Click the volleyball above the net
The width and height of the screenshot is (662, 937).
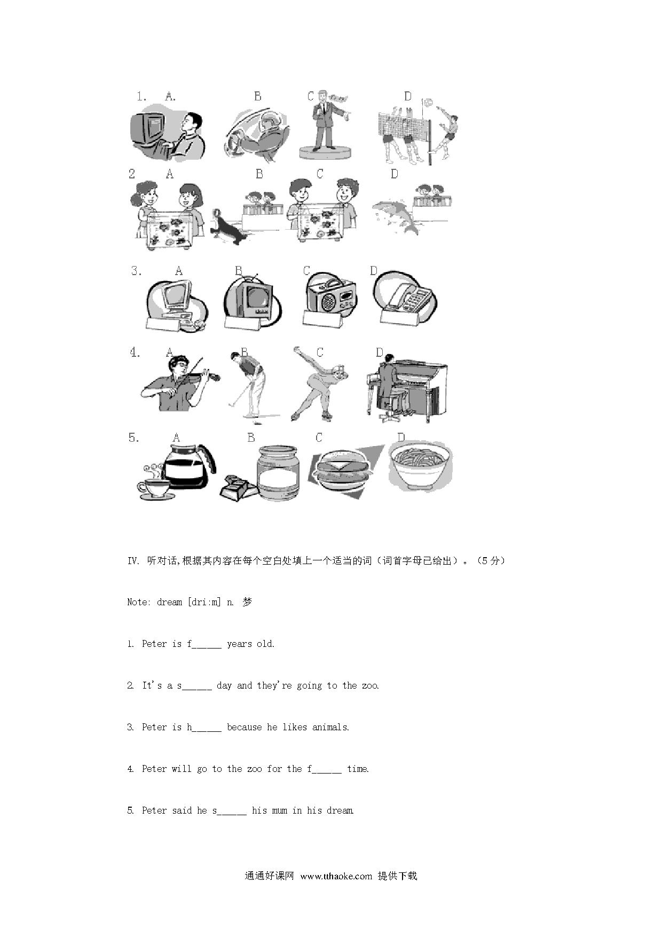(x=427, y=101)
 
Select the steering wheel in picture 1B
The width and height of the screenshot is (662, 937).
(x=237, y=140)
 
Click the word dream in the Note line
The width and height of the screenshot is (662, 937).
(x=170, y=602)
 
